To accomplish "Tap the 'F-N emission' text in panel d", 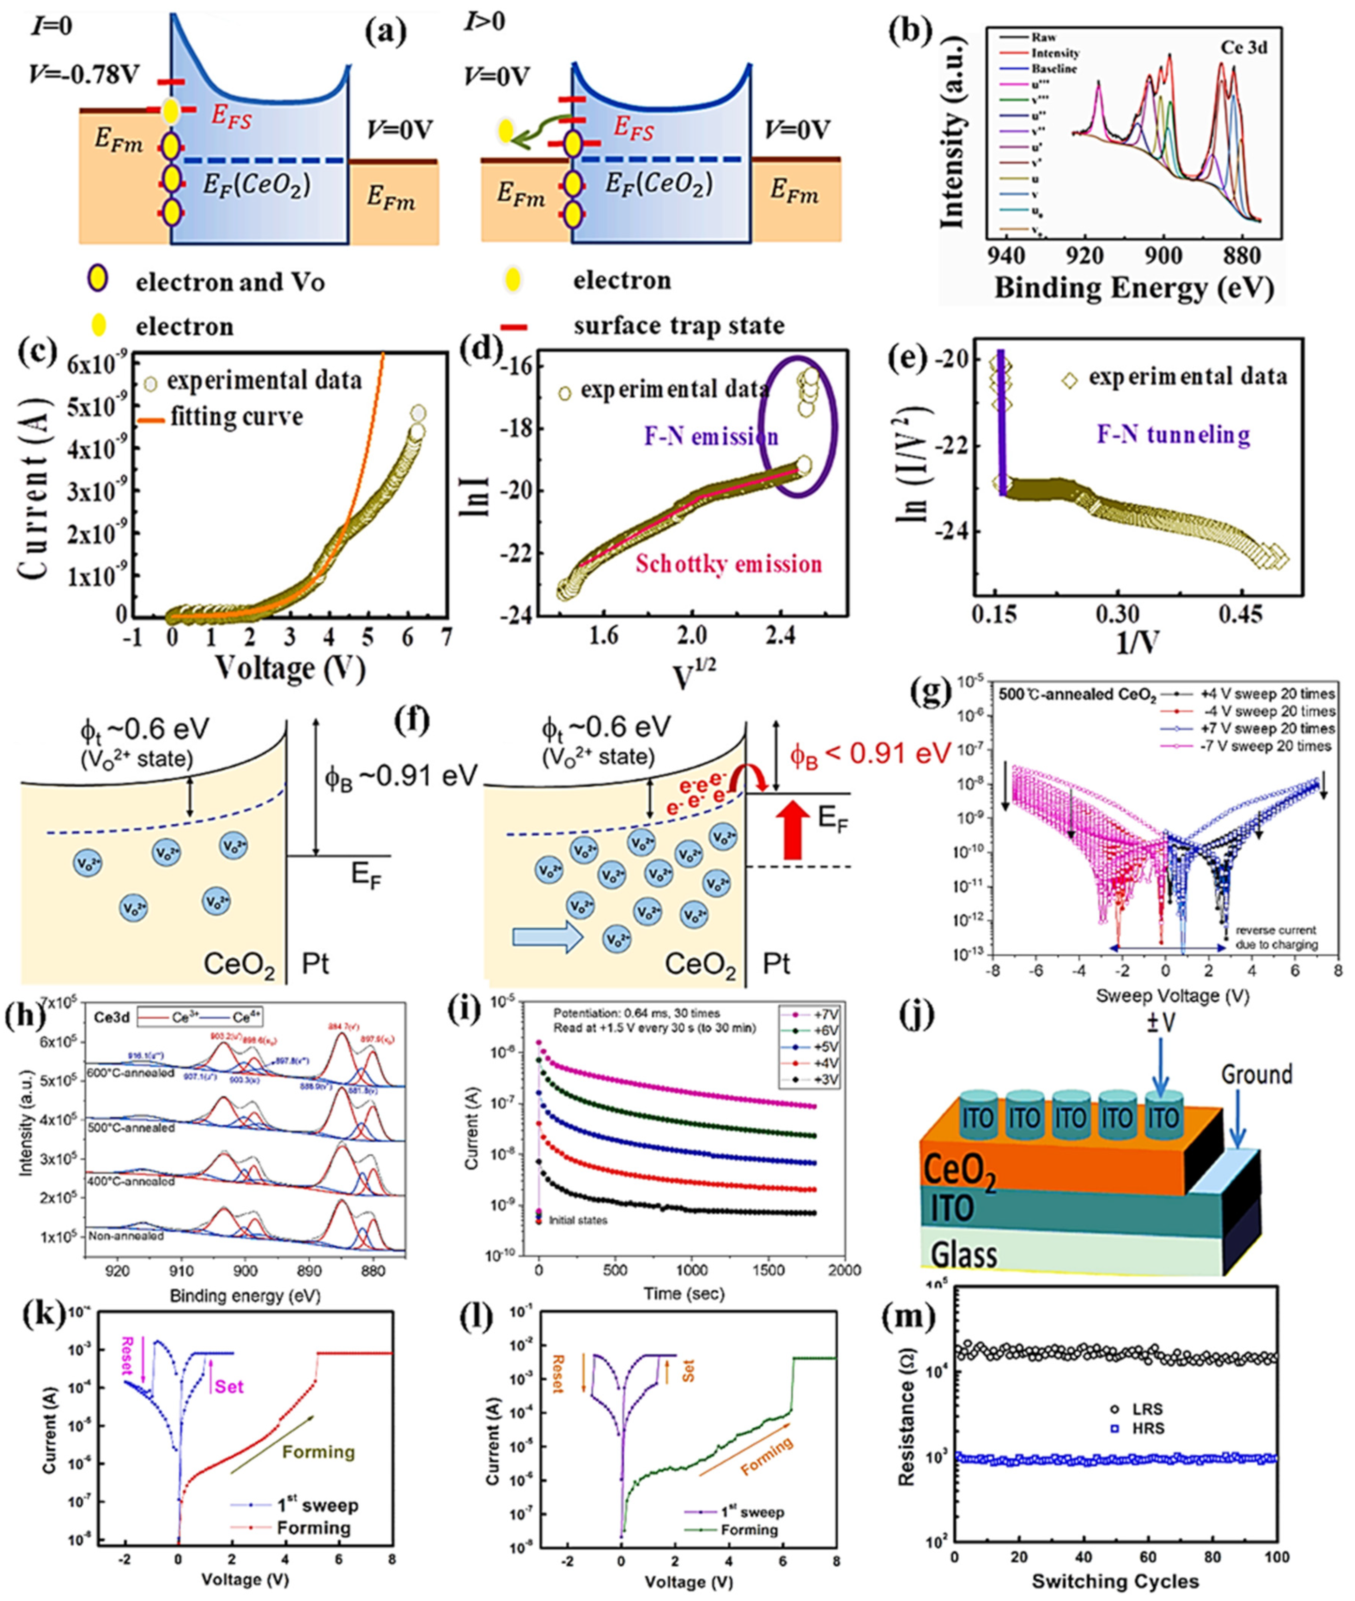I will pos(710,437).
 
